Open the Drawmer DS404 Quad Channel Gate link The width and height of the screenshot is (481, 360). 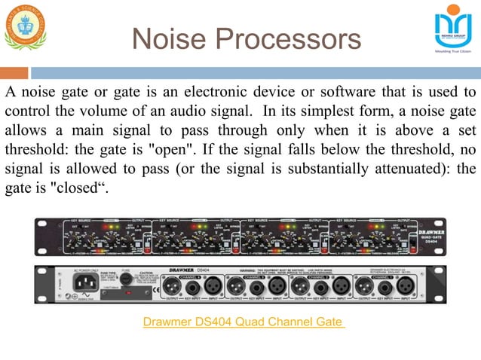(x=244, y=323)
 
